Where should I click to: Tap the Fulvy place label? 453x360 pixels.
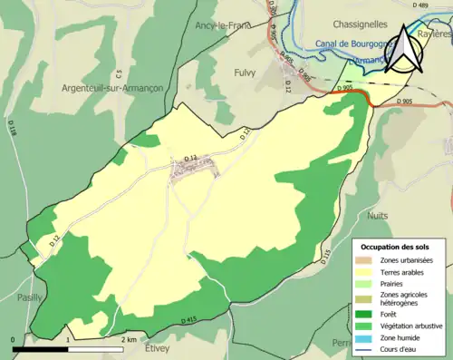pyautogui.click(x=245, y=72)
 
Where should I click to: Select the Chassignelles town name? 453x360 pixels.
pyautogui.click(x=360, y=24)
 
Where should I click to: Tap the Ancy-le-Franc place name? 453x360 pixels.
pyautogui.click(x=222, y=25)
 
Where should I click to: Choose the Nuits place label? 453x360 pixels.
pyautogui.click(x=379, y=216)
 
